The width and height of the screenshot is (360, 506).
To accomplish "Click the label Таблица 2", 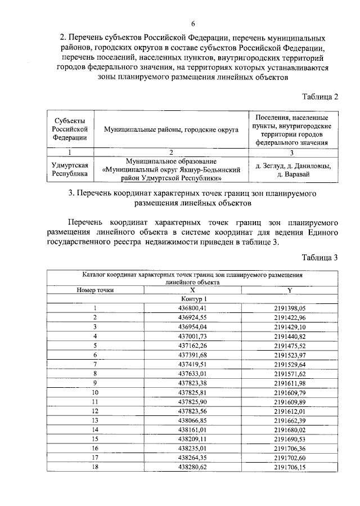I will point(318,96).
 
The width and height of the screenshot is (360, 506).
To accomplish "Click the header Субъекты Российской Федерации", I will point(70,129).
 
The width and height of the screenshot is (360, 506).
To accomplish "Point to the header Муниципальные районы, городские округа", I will point(171,129).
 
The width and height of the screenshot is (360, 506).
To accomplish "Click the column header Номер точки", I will point(95,290).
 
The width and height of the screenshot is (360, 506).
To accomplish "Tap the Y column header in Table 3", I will point(290,290).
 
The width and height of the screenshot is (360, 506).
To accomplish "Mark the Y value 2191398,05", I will point(290,308).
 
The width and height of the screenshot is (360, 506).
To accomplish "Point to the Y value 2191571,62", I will point(290,373).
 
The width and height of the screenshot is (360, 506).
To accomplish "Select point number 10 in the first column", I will point(95,392).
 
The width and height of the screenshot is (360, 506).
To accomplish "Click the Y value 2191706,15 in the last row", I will point(290,467).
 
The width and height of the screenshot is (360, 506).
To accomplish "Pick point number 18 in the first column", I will point(95,467).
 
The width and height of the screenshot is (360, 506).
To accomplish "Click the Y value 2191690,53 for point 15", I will point(290,438).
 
